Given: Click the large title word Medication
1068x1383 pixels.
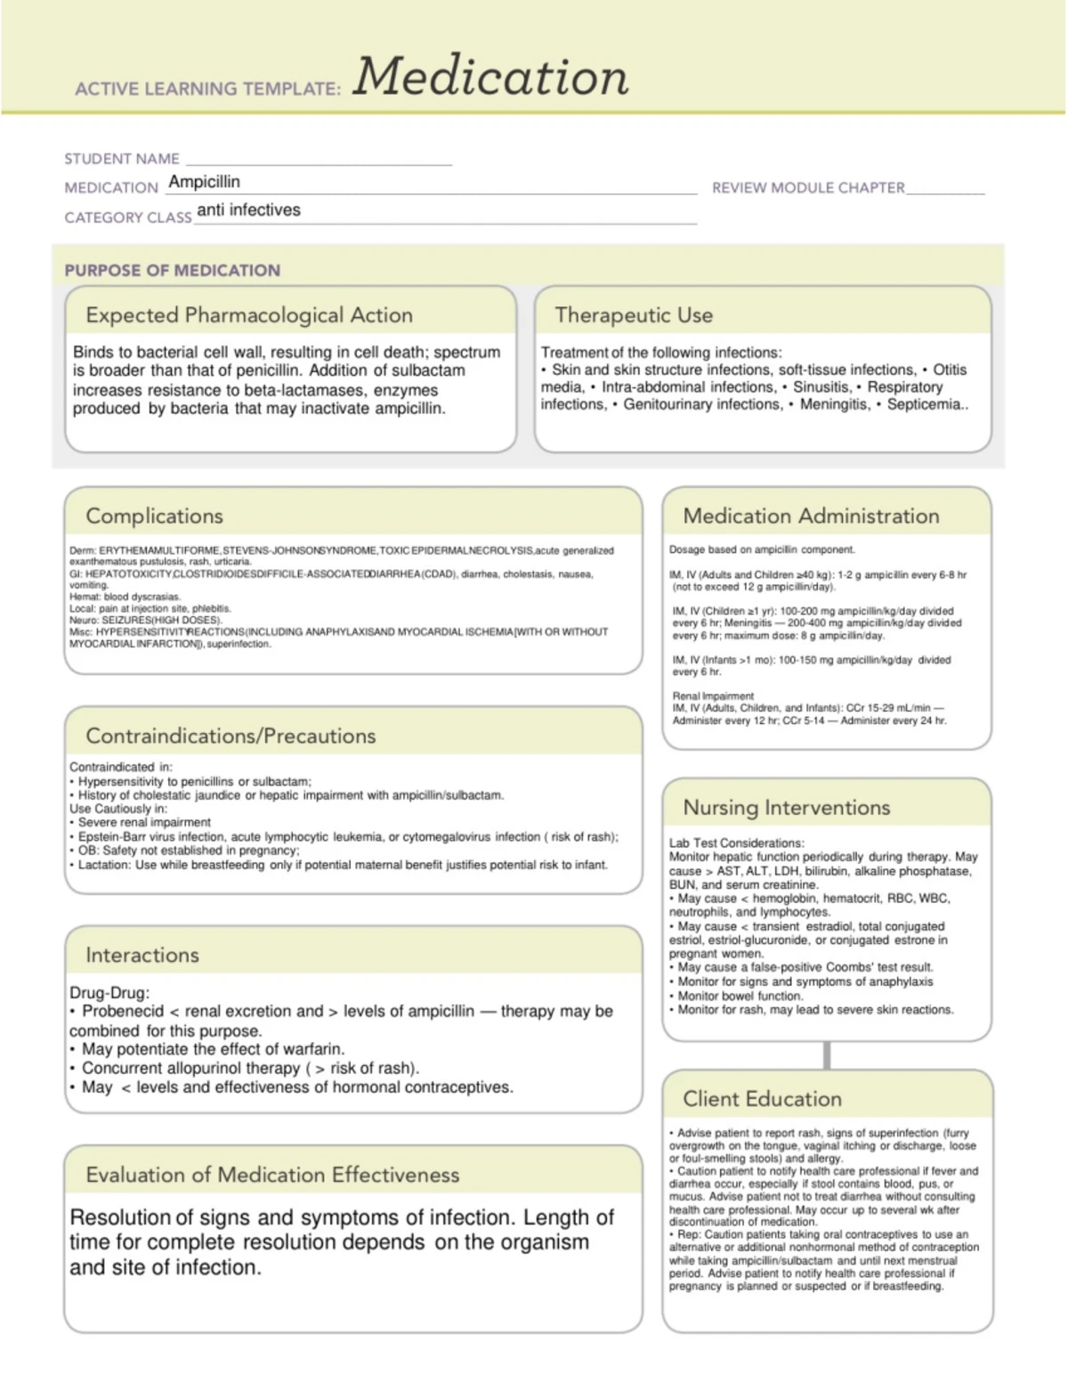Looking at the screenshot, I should [490, 77].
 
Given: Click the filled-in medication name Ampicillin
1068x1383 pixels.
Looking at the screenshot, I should [204, 182].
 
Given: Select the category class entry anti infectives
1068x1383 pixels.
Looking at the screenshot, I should [248, 210].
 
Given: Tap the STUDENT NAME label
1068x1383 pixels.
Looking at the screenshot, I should [122, 159].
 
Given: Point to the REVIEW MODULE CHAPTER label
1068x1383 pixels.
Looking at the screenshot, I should [808, 188].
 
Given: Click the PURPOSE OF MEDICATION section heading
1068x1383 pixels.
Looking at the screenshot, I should [172, 270].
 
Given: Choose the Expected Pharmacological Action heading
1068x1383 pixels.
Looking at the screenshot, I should [249, 315].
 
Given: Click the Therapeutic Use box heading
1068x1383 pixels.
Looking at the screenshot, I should [633, 315].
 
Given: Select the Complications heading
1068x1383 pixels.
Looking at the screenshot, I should [154, 517].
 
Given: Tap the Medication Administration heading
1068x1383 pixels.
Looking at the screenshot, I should [811, 517].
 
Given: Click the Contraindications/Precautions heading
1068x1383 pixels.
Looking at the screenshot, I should [231, 736].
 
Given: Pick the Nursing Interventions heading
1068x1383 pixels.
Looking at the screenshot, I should [786, 808].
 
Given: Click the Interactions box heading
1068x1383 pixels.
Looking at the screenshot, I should [142, 956].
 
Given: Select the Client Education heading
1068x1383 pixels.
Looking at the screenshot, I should [762, 1099].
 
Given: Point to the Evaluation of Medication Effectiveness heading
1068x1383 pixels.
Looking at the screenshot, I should [272, 1176].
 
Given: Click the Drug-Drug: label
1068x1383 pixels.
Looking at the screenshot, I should [109, 992].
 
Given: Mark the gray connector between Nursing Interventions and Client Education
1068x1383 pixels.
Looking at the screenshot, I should [827, 1055].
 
